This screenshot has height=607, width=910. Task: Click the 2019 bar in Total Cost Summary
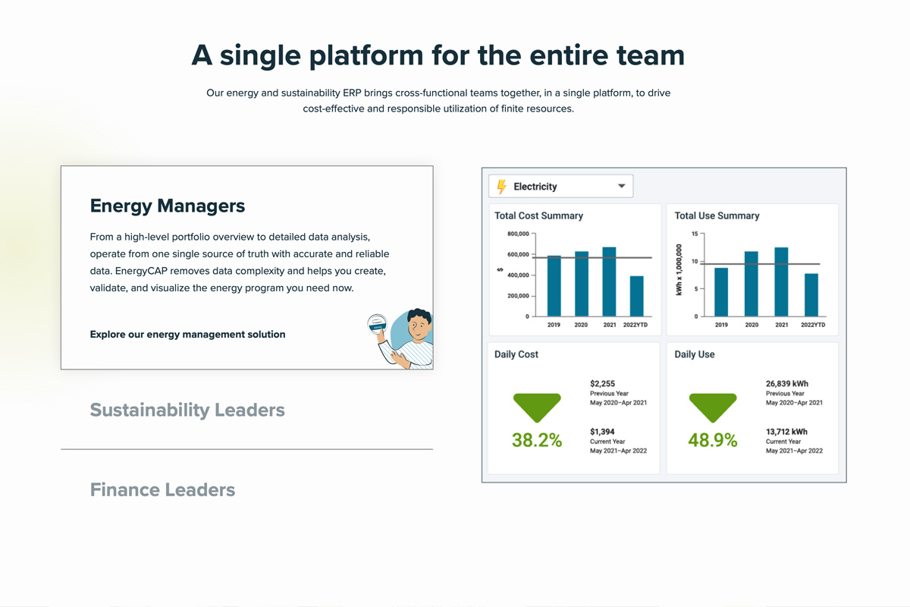(554, 286)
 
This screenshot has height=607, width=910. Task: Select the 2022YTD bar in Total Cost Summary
(636, 296)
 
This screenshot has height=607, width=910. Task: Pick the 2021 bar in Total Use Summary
(781, 281)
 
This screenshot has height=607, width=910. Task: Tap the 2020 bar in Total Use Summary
(752, 284)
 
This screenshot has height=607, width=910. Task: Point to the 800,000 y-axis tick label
(518, 234)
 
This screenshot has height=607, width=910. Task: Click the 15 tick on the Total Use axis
(695, 234)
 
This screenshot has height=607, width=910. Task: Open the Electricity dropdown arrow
(621, 186)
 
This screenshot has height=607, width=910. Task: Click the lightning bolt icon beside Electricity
(502, 187)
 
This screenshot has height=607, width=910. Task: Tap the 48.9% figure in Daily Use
(713, 440)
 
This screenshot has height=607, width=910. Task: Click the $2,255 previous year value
(602, 383)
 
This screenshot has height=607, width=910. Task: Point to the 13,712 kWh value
(786, 432)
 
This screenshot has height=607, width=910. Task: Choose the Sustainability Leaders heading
(187, 410)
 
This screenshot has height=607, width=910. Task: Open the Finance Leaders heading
(162, 490)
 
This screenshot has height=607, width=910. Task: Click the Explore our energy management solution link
(188, 334)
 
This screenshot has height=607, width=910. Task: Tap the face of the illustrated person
(419, 326)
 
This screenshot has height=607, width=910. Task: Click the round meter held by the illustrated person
(377, 324)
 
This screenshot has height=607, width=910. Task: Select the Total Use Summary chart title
(717, 215)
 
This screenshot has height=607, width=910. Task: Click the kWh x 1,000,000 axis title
(679, 270)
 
